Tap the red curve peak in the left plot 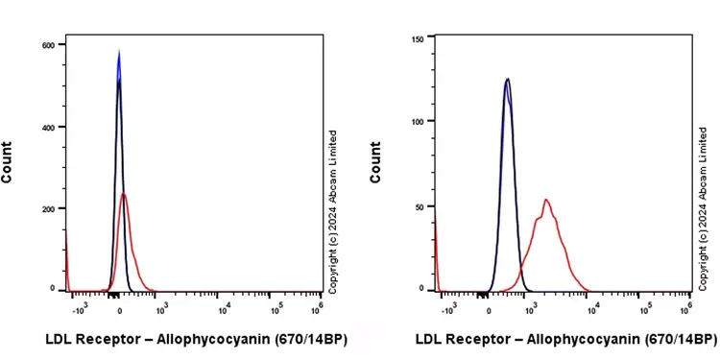(125, 194)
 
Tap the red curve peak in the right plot (545, 200)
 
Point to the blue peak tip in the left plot (119, 52)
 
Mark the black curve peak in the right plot (507, 79)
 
